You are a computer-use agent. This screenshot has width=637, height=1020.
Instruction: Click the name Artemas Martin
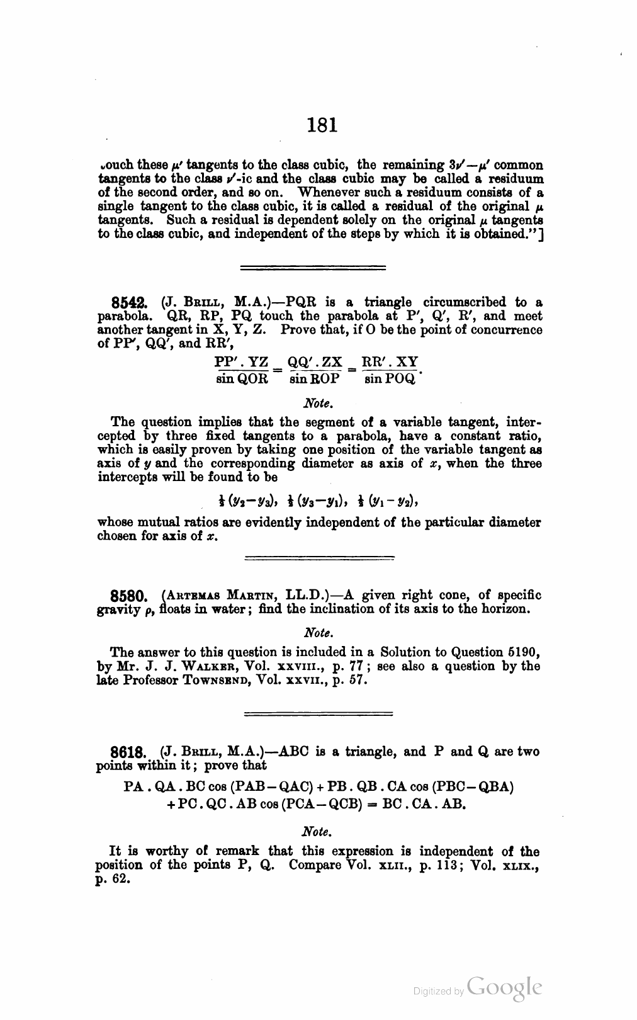[x=222, y=595]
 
